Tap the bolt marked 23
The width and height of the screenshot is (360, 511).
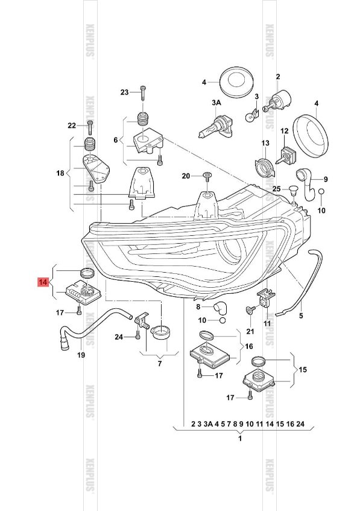[x=142, y=93]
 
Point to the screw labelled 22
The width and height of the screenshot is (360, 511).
[x=89, y=126]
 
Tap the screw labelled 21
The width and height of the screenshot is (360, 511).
[x=248, y=310]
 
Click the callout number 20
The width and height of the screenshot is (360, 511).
[x=186, y=176]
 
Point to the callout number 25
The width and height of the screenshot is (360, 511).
[x=276, y=189]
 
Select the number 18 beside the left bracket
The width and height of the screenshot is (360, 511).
[x=60, y=174]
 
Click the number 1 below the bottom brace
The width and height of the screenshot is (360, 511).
[x=240, y=438]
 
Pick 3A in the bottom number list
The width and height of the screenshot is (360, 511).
[x=209, y=424]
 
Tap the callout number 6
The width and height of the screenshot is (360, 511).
[x=116, y=139]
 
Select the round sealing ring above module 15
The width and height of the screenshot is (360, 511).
[x=258, y=361]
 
